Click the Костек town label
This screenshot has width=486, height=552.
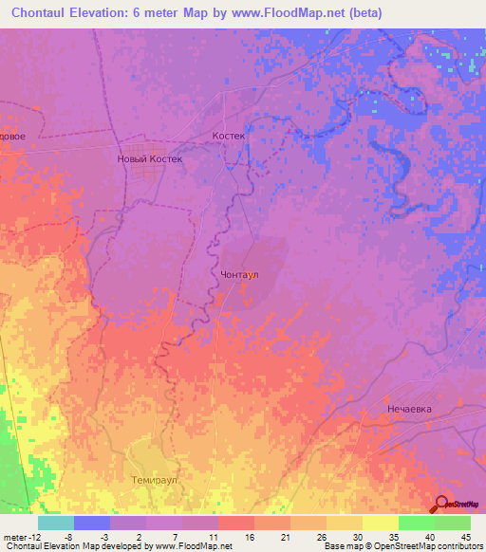click(229, 136)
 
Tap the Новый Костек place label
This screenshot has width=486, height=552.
click(148, 159)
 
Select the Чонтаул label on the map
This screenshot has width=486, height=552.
click(240, 274)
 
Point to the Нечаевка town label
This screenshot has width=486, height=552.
click(409, 408)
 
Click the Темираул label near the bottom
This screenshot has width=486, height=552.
click(154, 481)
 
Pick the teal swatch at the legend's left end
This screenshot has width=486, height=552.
click(56, 523)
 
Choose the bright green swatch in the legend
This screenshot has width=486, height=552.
click(416, 523)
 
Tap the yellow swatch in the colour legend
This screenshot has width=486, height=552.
click(380, 523)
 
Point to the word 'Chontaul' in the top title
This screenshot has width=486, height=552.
click(44, 12)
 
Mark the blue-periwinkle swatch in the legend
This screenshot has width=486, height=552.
click(92, 523)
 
